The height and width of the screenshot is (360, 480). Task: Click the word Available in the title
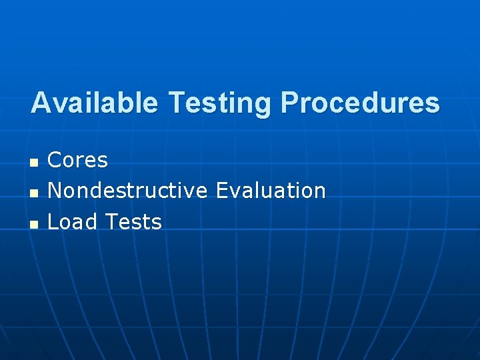(x=95, y=103)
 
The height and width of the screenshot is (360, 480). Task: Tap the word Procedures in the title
(x=361, y=103)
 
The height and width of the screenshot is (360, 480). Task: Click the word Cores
(x=78, y=160)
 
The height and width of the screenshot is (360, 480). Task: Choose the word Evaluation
(x=271, y=191)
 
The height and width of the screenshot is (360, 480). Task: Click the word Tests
(x=133, y=221)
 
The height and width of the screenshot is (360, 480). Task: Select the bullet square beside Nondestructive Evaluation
(x=34, y=193)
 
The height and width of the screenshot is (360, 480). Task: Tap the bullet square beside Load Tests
(x=34, y=223)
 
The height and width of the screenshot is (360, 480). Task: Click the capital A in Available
(x=41, y=103)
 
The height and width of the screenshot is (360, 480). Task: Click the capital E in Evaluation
(x=222, y=191)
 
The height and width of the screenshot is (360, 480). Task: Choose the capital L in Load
(x=53, y=221)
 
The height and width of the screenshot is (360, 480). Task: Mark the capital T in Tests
(x=111, y=221)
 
